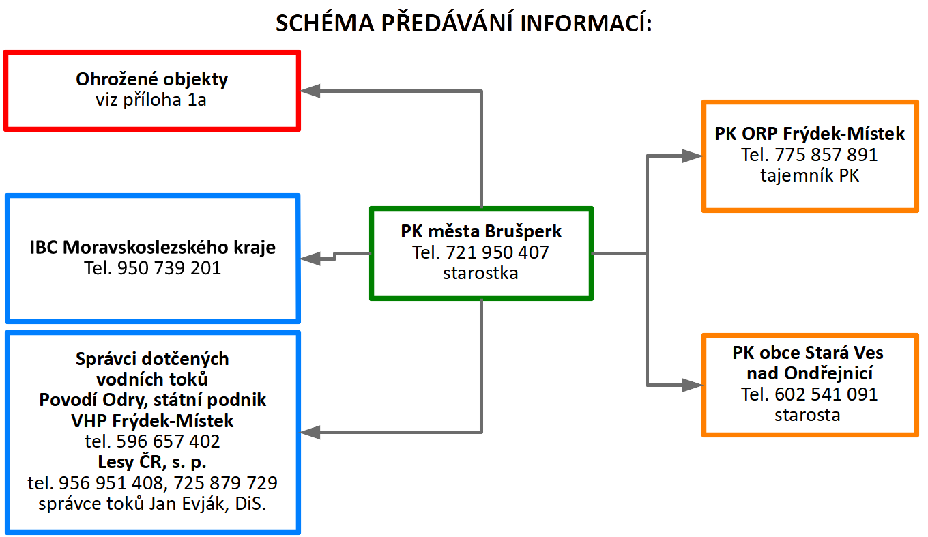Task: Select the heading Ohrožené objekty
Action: (x=151, y=80)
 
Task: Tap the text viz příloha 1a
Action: (x=151, y=100)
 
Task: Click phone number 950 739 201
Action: (x=169, y=268)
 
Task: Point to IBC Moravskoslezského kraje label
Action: (x=152, y=248)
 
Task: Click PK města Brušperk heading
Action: (x=481, y=231)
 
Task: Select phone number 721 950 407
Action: (x=497, y=252)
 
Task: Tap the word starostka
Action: (x=480, y=274)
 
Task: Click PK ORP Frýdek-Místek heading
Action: (x=809, y=134)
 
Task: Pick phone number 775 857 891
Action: (x=826, y=155)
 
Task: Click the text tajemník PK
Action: (x=809, y=175)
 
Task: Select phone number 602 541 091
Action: (x=826, y=394)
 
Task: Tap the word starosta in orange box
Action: (x=807, y=415)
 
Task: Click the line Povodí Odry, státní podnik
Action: (x=152, y=401)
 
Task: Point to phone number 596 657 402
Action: (x=168, y=441)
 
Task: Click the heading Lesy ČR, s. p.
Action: (x=152, y=463)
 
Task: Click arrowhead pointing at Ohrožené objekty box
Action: (x=310, y=91)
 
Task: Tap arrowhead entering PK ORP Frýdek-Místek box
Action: (x=693, y=156)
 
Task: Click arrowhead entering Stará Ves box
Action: (x=693, y=385)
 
